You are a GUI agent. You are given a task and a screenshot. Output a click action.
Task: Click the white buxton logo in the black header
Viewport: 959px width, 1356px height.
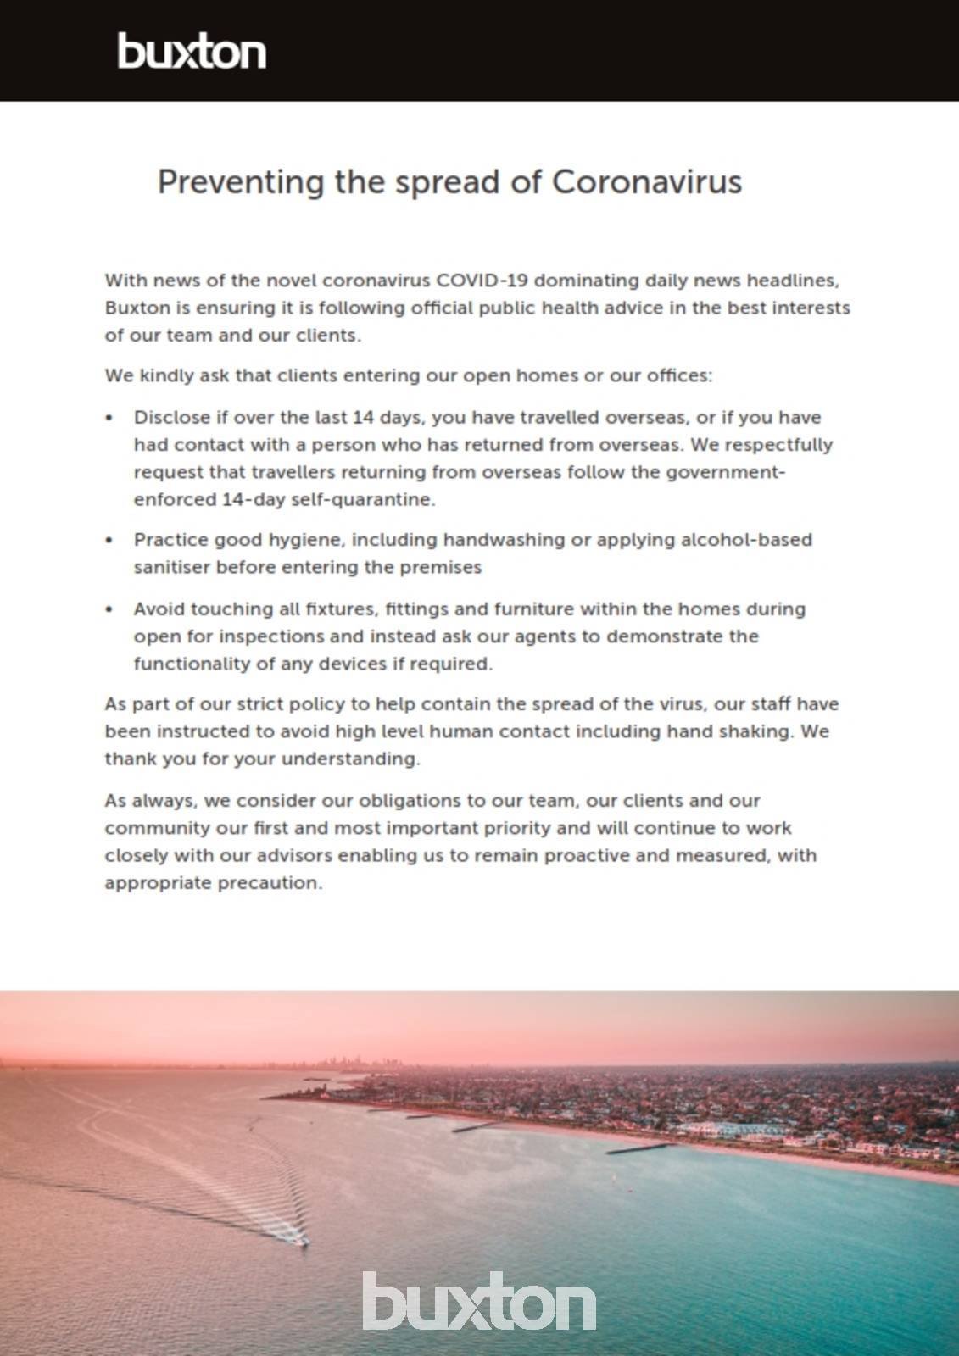coord(192,52)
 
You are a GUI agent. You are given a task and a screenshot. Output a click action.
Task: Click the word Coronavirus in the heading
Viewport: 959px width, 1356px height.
coord(647,182)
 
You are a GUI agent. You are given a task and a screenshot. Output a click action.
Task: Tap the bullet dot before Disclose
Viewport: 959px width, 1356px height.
coord(109,418)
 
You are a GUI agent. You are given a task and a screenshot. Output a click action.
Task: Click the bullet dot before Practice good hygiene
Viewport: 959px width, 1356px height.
coord(109,541)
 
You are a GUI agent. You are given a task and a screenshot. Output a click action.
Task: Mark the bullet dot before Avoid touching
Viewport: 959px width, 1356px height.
coord(109,609)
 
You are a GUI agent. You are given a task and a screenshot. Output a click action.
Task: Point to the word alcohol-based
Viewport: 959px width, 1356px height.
coord(746,540)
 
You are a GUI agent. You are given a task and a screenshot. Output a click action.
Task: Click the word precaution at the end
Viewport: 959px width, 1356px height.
coord(270,883)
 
